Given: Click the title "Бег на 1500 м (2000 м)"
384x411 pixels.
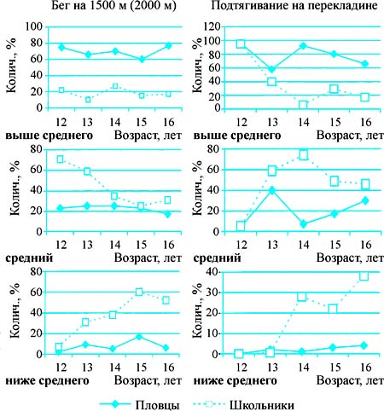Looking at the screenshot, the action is [113, 6].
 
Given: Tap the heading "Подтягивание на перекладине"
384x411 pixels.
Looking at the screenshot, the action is [294, 6].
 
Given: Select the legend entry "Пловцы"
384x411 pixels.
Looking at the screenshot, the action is [157, 404].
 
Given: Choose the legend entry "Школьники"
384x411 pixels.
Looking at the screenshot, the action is [262, 404].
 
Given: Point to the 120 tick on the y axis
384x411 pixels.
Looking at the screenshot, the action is [212, 26].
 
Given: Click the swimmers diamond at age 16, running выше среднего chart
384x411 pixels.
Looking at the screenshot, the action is [168, 45].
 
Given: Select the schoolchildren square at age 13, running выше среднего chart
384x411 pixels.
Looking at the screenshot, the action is [88, 100].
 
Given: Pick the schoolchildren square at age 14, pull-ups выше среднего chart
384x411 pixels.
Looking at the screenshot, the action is [303, 105].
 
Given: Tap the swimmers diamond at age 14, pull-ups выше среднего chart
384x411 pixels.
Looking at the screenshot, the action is [303, 46].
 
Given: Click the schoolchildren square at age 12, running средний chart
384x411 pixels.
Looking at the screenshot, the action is [60, 159].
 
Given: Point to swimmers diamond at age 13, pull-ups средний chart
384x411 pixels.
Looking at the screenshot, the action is [272, 190].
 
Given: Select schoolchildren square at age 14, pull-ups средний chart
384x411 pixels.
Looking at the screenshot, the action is [304, 155].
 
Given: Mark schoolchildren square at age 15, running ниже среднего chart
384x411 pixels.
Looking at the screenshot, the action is [139, 292].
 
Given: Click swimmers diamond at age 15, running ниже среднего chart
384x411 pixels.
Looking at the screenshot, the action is [139, 337].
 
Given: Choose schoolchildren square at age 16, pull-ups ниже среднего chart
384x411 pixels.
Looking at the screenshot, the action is [364, 276].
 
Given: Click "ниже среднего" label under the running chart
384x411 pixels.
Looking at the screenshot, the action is [47, 380].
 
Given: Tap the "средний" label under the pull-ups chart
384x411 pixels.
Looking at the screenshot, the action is [217, 258].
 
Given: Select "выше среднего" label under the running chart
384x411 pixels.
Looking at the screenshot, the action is [49, 136].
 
